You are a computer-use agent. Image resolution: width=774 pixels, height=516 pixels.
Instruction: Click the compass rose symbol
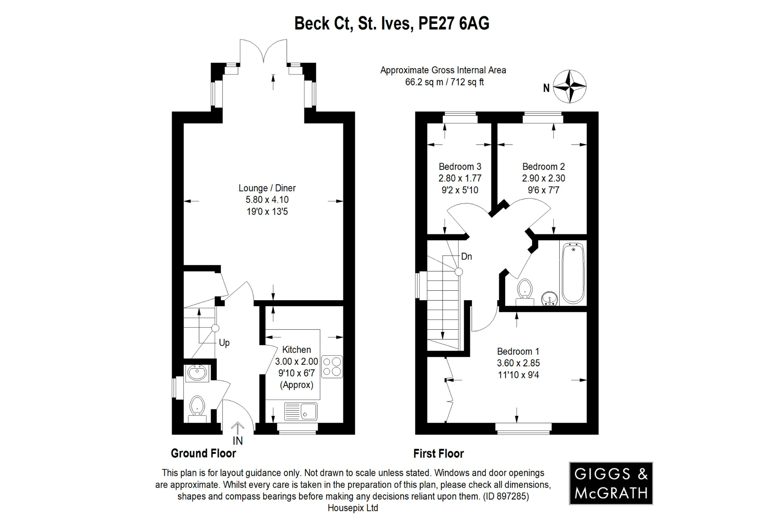pos(570,87)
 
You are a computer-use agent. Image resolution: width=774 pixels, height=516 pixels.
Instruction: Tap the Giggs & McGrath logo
pos(611,483)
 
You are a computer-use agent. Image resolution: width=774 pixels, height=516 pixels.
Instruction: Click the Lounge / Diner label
pos(267,188)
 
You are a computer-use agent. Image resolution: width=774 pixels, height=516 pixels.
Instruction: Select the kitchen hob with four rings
pos(332,367)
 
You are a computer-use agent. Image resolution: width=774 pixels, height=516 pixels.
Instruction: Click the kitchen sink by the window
pos(301,411)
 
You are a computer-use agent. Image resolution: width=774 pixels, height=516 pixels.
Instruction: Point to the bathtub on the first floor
pos(573,273)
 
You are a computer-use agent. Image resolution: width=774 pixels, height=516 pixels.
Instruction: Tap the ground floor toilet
pos(197,408)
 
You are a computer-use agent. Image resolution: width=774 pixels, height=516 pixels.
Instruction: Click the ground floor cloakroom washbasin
pos(197,373)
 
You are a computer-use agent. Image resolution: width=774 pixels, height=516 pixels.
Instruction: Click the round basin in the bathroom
pos(550,298)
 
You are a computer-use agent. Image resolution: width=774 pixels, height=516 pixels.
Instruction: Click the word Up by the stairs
pos(224,343)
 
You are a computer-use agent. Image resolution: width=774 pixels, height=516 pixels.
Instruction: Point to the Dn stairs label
pos(466,256)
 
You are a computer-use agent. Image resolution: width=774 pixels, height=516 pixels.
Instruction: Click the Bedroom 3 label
pos(460,166)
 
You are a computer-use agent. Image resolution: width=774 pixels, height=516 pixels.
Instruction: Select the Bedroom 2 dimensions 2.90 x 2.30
pos(543,178)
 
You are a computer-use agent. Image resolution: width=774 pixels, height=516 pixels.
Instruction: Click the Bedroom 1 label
pos(518,351)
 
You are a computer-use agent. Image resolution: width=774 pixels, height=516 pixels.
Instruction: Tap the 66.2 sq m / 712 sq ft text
pos(444,82)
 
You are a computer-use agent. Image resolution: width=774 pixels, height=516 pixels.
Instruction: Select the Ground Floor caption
pos(203,453)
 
